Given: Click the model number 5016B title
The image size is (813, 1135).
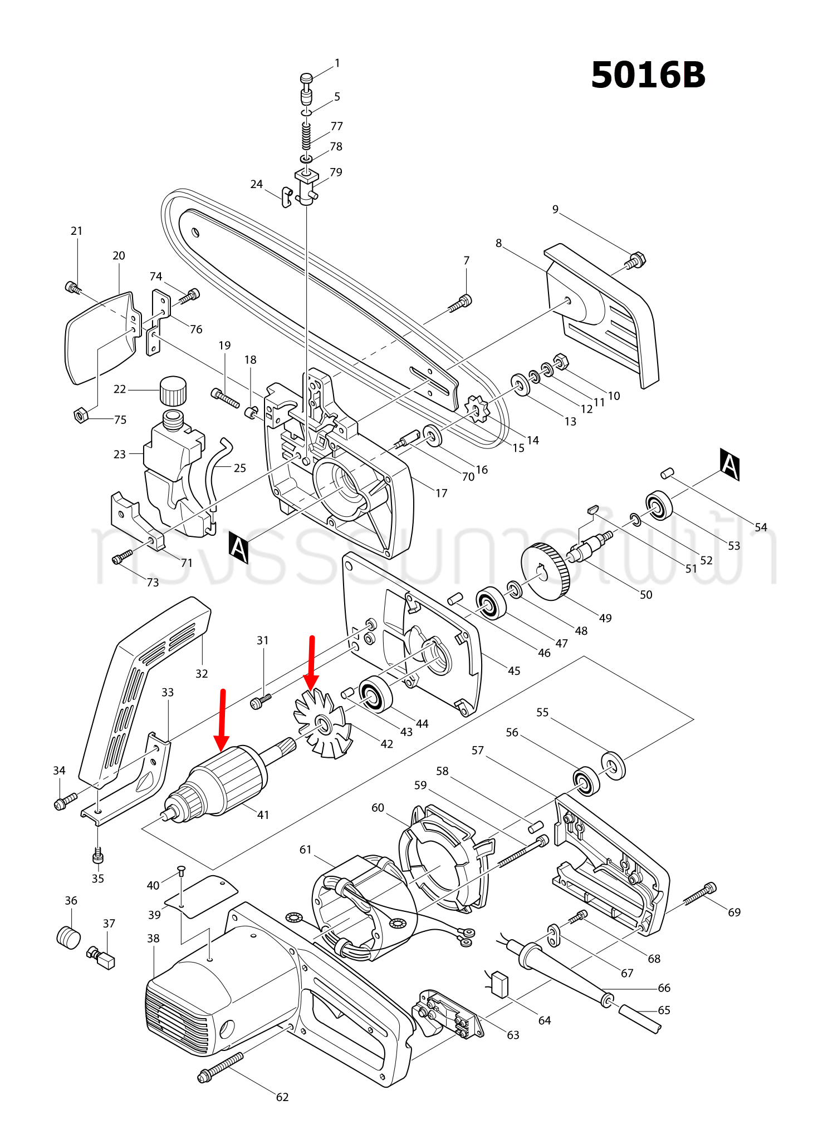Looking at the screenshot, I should pyautogui.click(x=648, y=75).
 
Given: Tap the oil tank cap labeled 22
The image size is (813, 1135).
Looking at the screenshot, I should pyautogui.click(x=173, y=391).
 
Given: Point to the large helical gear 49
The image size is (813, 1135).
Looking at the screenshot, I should pyautogui.click(x=546, y=572).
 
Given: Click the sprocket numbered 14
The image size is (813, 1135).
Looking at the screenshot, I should pyautogui.click(x=477, y=409).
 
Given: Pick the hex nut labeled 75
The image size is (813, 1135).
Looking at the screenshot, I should pyautogui.click(x=80, y=415).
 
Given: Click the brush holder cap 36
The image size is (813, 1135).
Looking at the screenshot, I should pyautogui.click(x=68, y=936).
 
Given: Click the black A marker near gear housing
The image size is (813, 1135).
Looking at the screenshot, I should pyautogui.click(x=239, y=547).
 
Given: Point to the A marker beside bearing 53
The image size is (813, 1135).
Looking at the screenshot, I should pyautogui.click(x=729, y=464).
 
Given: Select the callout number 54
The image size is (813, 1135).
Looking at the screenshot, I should pyautogui.click(x=761, y=527).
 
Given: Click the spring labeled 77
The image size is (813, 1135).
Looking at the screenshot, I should pyautogui.click(x=306, y=136).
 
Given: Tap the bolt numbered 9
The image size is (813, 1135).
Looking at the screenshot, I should pyautogui.click(x=635, y=260).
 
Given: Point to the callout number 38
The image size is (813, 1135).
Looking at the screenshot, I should pyautogui.click(x=153, y=939).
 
